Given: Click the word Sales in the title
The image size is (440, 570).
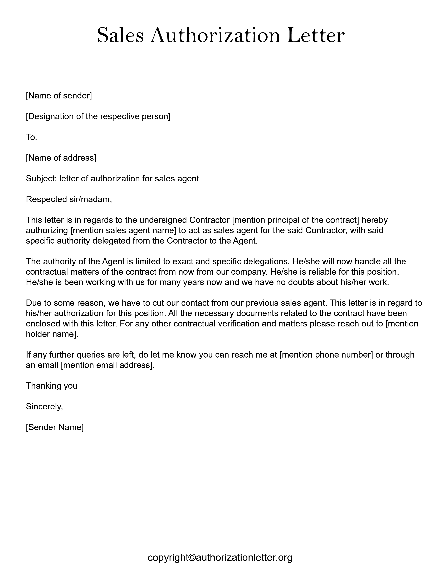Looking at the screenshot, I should (x=120, y=35).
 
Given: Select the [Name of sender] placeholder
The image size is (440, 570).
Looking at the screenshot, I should (x=59, y=96).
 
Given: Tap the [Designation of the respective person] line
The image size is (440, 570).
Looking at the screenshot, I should (x=98, y=116).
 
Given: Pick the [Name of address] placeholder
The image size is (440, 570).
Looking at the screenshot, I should (x=61, y=158).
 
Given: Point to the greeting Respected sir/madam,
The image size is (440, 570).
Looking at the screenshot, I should (x=69, y=199).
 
